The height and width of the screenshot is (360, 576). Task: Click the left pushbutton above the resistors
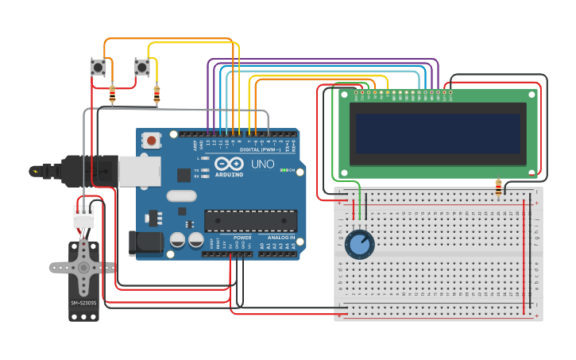coord(99,68)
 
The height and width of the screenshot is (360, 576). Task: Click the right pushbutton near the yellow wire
coord(142,68)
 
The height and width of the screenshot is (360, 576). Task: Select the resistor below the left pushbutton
coord(112,95)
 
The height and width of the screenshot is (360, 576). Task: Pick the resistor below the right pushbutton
coord(157,95)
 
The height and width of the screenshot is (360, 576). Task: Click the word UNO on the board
coord(262,165)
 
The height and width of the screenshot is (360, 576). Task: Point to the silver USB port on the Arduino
coord(139,170)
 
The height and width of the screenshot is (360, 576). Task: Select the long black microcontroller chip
coord(251,222)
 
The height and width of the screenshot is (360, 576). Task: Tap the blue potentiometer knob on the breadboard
coord(360,245)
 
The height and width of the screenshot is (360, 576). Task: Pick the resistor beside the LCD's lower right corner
coord(499,188)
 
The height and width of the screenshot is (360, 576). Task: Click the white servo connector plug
coord(83,216)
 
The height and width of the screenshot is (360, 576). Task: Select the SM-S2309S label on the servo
coord(83,303)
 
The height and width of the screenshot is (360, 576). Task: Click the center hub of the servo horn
coord(83,268)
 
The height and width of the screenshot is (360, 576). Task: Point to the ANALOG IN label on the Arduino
coord(280,238)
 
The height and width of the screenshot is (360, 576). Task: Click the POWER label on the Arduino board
coord(242,238)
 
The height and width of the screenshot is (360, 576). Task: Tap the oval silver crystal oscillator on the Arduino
coord(181,195)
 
